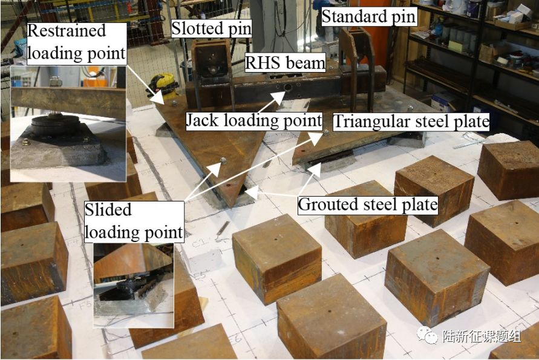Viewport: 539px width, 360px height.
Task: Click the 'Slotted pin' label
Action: click(211, 28)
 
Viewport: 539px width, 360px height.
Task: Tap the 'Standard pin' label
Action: click(368, 16)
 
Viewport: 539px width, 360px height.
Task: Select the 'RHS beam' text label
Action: click(285, 62)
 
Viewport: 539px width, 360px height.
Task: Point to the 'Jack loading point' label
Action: click(253, 120)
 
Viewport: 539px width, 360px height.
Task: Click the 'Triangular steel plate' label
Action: click(411, 122)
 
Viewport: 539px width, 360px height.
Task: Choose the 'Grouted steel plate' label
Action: click(367, 205)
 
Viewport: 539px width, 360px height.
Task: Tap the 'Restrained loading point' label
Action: click(67, 42)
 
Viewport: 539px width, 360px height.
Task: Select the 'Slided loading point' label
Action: click(134, 221)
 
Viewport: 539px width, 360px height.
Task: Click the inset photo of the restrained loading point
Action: click(68, 124)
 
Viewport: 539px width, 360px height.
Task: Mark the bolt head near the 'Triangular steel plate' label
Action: click(326, 132)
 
